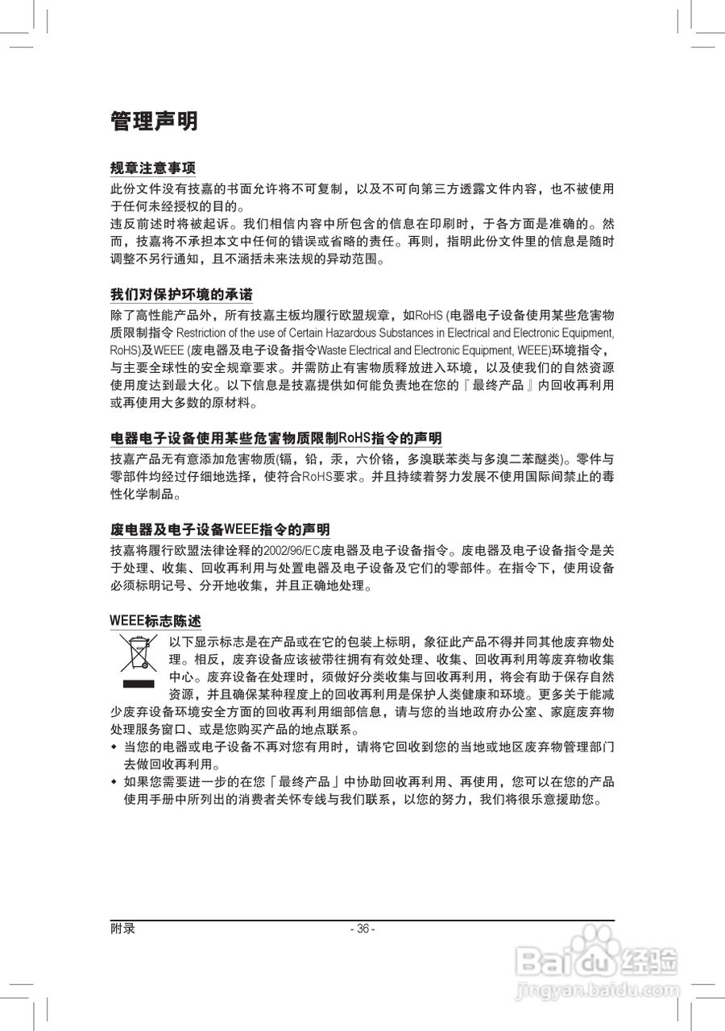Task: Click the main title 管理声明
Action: (x=154, y=122)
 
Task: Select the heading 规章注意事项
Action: (x=153, y=168)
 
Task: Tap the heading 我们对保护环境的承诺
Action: (x=186, y=293)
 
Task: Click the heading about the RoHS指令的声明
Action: (x=275, y=438)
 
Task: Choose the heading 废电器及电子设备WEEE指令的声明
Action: (x=220, y=530)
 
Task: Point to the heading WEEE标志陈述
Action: (x=155, y=622)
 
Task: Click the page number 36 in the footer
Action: (x=362, y=929)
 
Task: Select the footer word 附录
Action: (x=122, y=929)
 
